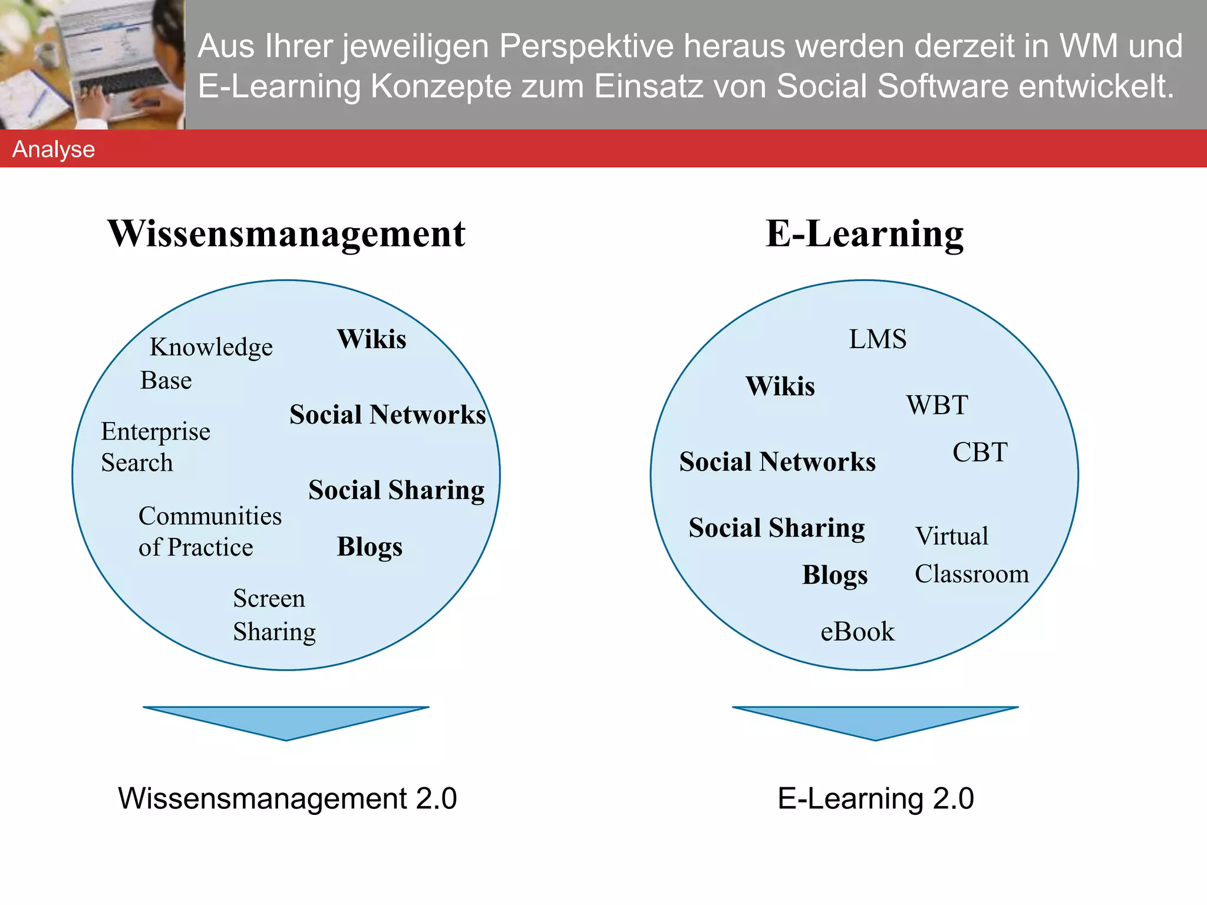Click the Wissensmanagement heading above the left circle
pos(286,234)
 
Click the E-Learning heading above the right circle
pos(865,234)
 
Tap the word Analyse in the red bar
pos(54,149)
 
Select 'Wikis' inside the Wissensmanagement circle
pos(371,339)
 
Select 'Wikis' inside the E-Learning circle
pos(780,387)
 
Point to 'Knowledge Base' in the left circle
pos(206,363)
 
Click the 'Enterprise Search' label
pos(155,447)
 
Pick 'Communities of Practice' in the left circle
pos(209,531)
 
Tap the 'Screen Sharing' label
pos(274,615)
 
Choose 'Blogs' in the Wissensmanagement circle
pos(370,547)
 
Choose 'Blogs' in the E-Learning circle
pos(835,575)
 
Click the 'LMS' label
pos(877,339)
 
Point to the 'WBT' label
pos(937,405)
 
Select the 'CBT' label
pos(980,452)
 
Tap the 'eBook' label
pos(857,632)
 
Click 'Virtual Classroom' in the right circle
pos(971,555)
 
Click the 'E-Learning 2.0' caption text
pos(875,799)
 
